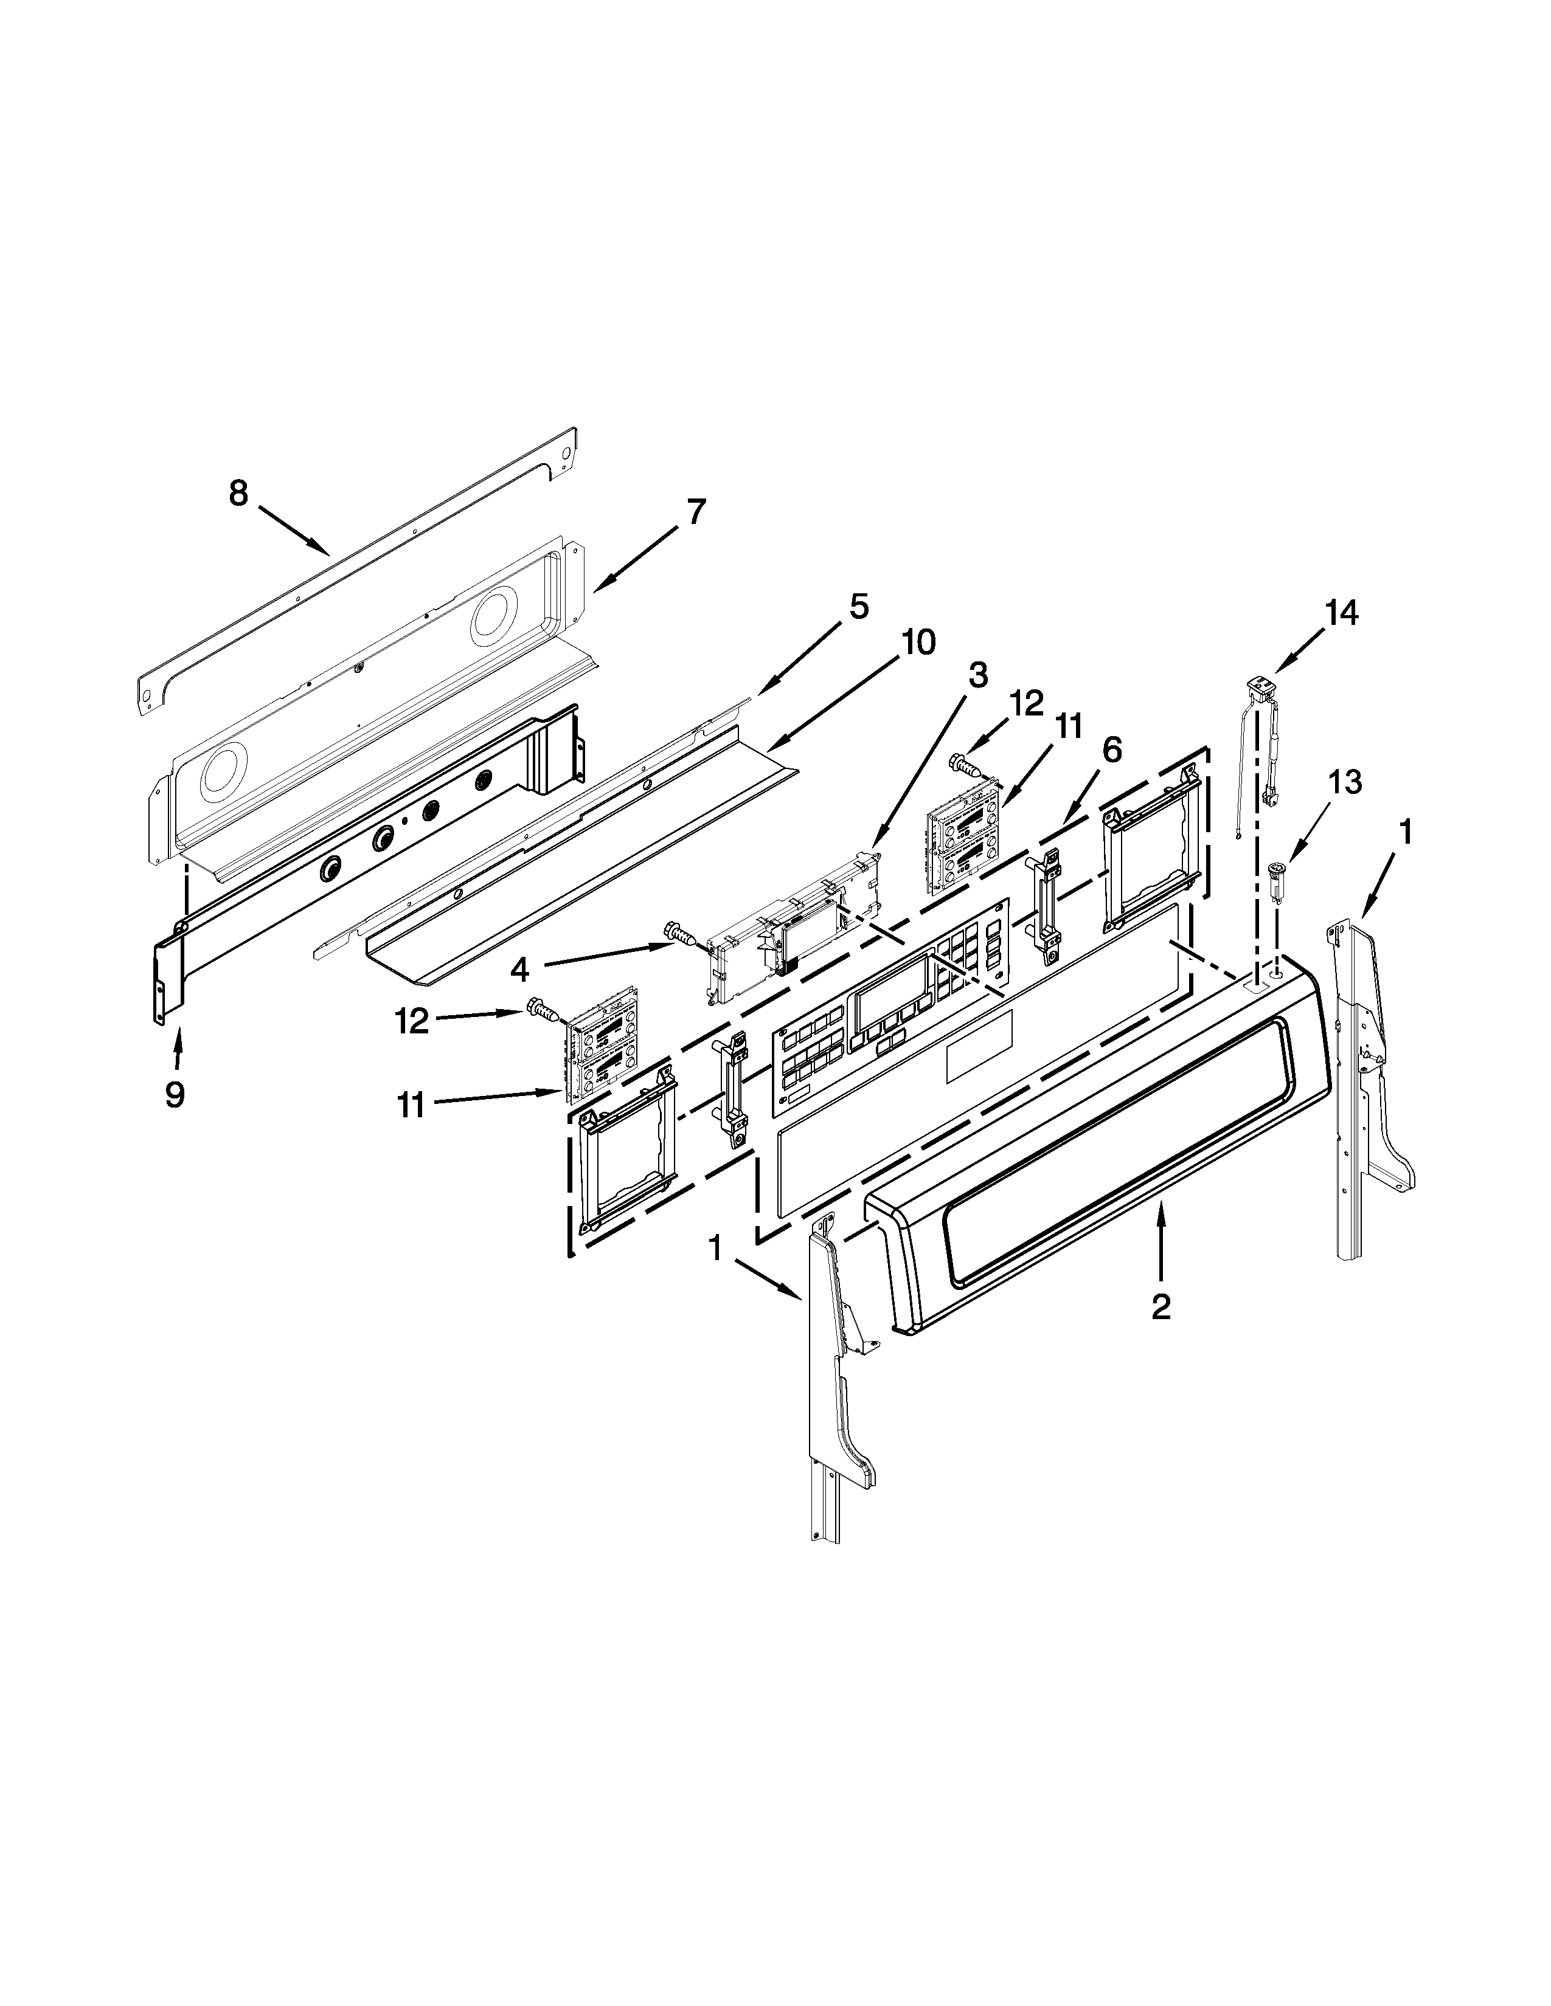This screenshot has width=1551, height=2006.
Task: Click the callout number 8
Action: point(238,494)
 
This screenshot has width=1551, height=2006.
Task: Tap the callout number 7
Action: point(696,512)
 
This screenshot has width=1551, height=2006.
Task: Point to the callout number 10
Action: point(918,642)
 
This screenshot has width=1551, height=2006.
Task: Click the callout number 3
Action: point(977,675)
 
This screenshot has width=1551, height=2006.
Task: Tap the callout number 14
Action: point(1341,613)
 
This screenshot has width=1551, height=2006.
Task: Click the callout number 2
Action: point(1161,1306)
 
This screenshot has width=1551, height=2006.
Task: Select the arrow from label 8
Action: point(293,530)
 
